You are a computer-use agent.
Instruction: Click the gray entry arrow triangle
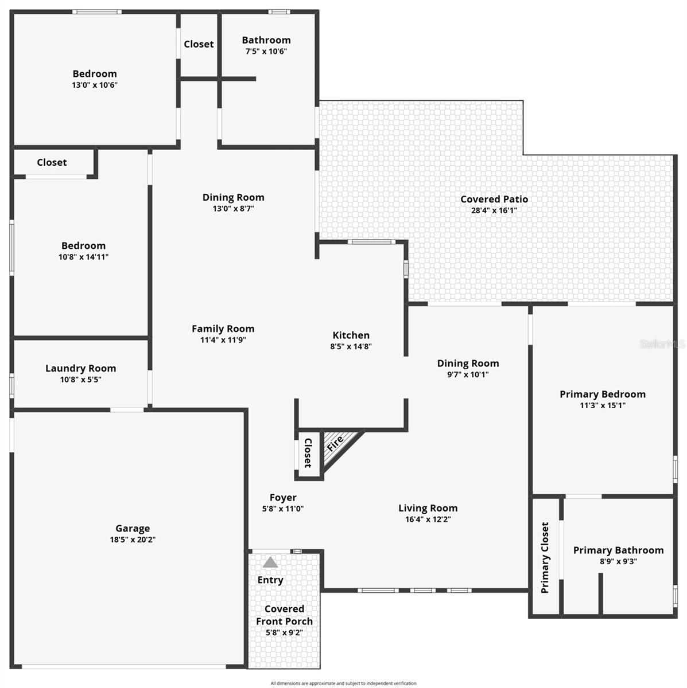tap(270, 562)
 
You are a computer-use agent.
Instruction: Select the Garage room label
tap(133, 529)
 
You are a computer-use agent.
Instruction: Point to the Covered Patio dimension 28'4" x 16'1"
tap(494, 210)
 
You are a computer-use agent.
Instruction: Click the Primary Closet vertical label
tap(545, 557)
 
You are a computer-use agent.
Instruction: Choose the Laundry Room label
tap(81, 368)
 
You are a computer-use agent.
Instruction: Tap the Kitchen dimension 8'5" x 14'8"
tap(351, 346)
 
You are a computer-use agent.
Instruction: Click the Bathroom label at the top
tap(266, 40)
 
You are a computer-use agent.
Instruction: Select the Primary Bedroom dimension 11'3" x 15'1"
tap(603, 405)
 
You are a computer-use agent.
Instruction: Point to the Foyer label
tap(283, 498)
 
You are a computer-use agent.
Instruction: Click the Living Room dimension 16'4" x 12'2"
tap(428, 519)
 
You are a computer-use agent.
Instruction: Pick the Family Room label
tap(223, 329)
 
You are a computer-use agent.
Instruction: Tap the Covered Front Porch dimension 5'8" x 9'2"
tap(284, 632)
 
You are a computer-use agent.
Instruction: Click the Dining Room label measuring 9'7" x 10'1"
tap(468, 363)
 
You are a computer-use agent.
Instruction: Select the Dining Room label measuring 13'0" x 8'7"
tap(233, 197)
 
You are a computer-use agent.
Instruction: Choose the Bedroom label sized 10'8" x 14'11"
tap(84, 245)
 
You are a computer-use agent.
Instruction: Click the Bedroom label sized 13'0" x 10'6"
tap(95, 73)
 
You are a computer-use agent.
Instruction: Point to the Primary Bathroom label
tap(618, 550)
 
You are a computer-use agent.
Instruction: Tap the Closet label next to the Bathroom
tap(199, 44)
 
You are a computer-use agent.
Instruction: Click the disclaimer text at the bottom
tap(343, 683)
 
